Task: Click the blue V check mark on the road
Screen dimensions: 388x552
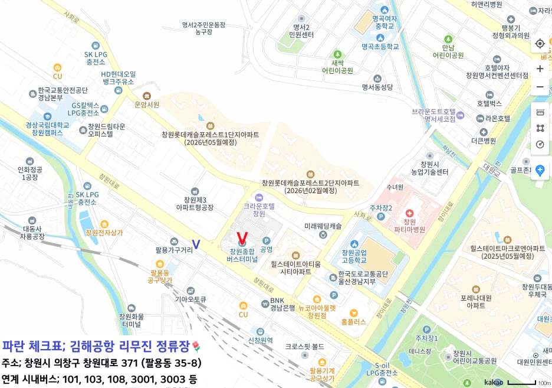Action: (196, 244)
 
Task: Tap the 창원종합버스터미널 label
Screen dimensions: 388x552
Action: (242, 255)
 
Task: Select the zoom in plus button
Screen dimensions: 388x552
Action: (540, 69)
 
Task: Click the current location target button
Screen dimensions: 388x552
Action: (540, 44)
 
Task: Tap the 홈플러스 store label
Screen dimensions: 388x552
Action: (353, 322)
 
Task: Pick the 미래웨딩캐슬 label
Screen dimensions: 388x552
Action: (323, 226)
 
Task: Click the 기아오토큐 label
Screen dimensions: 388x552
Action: (190, 299)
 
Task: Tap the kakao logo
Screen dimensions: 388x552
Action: (494, 382)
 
